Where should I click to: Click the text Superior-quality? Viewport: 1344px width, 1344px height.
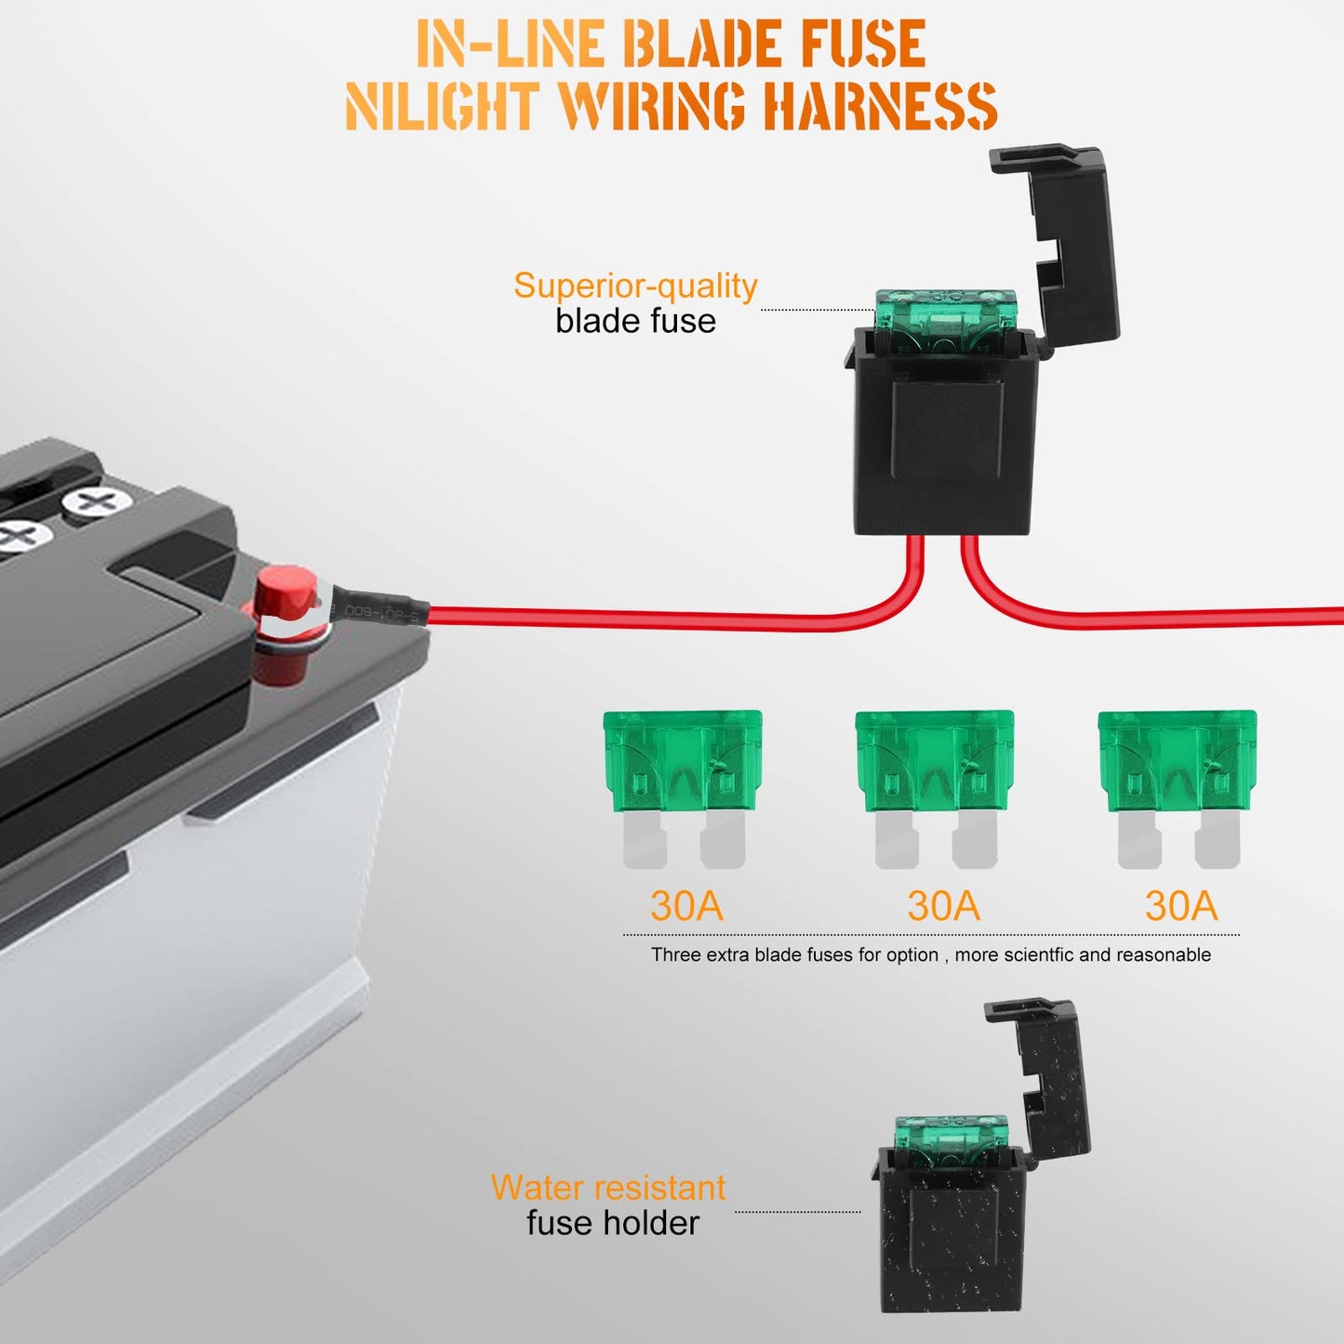(x=635, y=286)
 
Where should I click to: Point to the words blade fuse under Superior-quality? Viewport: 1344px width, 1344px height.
(x=635, y=322)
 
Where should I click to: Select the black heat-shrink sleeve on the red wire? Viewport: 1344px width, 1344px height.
(x=381, y=607)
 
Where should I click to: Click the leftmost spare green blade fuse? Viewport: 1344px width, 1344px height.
(x=682, y=789)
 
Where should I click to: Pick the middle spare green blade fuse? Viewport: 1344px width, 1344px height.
(x=935, y=789)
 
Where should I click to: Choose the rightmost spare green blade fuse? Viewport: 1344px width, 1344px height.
(x=1178, y=789)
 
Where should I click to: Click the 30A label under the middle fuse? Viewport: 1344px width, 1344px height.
(x=944, y=905)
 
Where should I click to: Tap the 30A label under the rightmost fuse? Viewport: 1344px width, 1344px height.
(x=1181, y=905)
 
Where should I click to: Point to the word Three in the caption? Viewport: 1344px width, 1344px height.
(x=676, y=954)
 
